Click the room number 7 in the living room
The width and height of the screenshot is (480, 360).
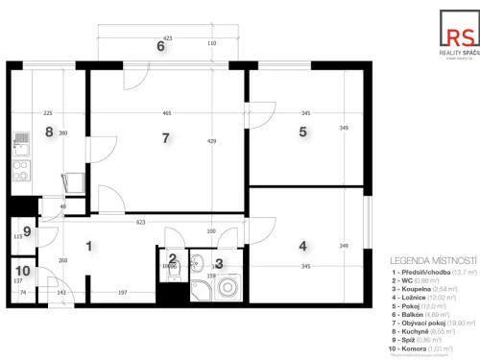(x=165, y=139)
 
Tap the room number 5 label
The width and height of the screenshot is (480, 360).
(x=302, y=132)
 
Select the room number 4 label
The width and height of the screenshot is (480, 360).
(x=302, y=246)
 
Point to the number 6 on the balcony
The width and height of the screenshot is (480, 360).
(x=160, y=46)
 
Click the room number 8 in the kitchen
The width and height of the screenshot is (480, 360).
(x=48, y=132)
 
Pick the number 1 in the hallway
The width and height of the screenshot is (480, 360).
(x=88, y=246)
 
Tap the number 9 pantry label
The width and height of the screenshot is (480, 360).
(x=27, y=231)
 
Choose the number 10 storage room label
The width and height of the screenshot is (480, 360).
(x=23, y=271)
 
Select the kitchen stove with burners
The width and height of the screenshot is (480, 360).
(x=23, y=174)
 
